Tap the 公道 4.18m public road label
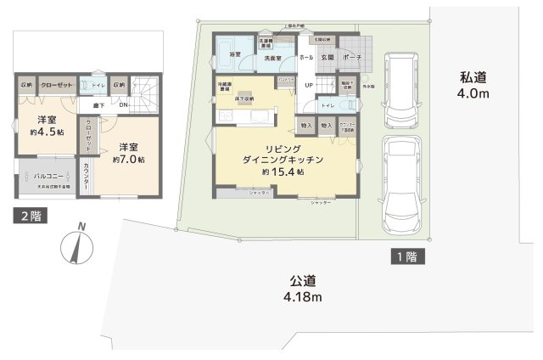tap(303, 289)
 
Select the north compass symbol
tap(78, 245)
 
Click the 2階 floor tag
tap(29, 216)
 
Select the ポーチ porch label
tap(354, 57)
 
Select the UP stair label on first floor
tap(309, 86)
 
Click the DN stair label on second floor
tap(123, 104)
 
